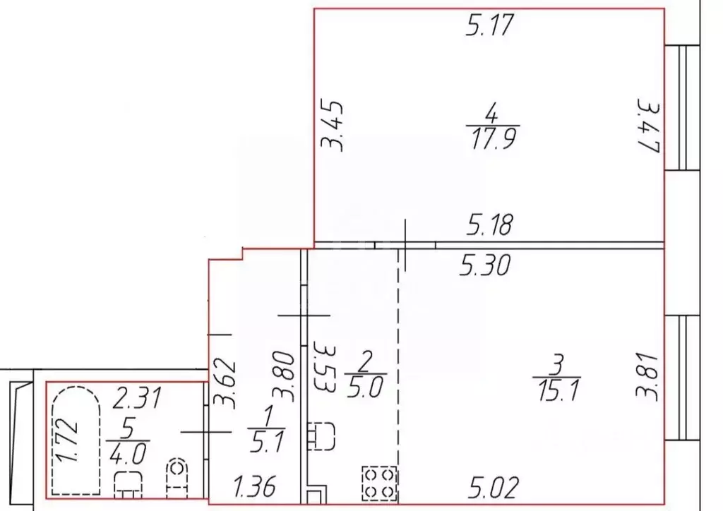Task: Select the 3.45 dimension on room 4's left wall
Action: [333, 126]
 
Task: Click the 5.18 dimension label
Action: [489, 225]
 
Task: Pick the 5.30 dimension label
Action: [484, 266]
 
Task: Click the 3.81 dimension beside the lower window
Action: [647, 377]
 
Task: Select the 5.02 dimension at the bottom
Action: [494, 488]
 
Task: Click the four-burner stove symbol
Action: [379, 483]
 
